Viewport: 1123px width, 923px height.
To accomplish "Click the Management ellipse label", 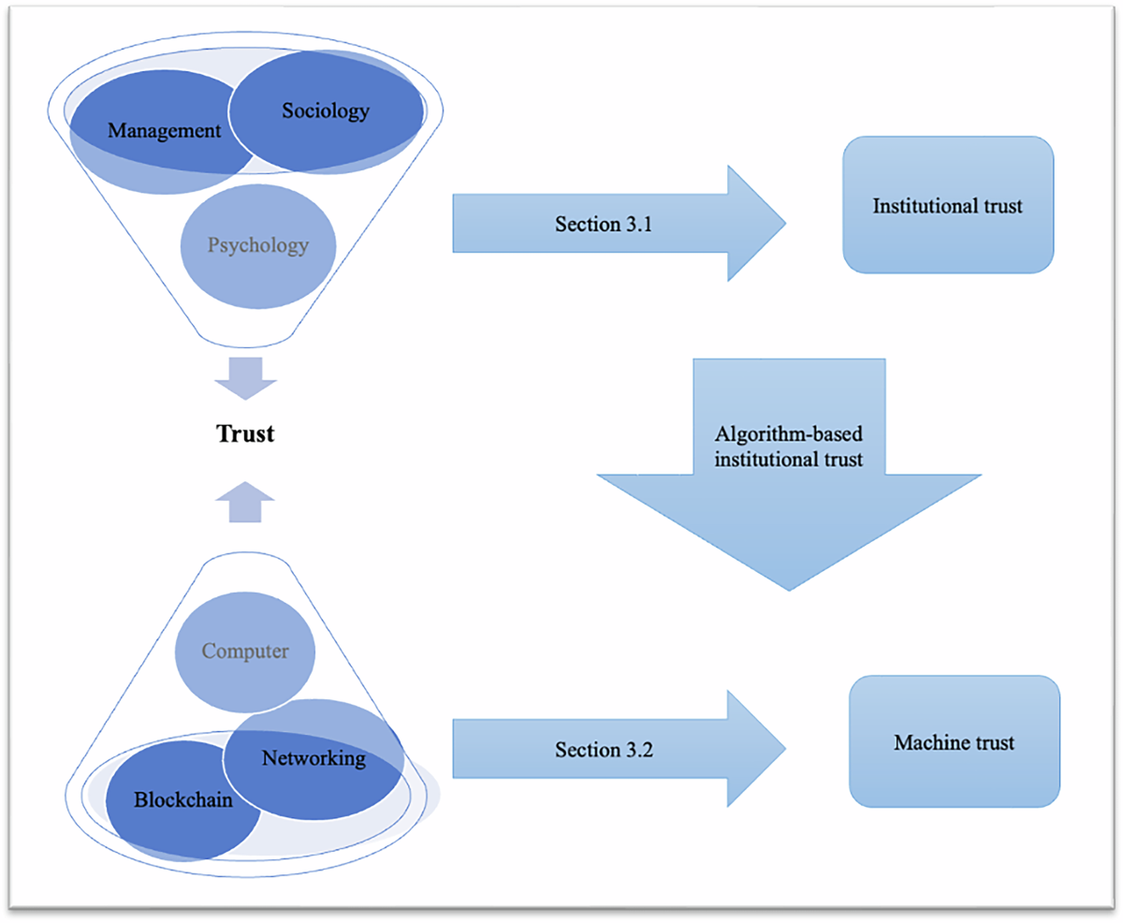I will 164,130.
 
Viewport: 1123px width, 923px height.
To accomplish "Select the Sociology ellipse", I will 326,111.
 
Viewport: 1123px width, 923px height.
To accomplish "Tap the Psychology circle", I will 257,246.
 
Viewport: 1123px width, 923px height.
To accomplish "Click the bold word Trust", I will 245,433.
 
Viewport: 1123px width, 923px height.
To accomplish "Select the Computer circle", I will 245,652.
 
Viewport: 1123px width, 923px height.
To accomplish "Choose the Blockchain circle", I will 182,800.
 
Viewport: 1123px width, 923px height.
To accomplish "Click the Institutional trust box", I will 947,205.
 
